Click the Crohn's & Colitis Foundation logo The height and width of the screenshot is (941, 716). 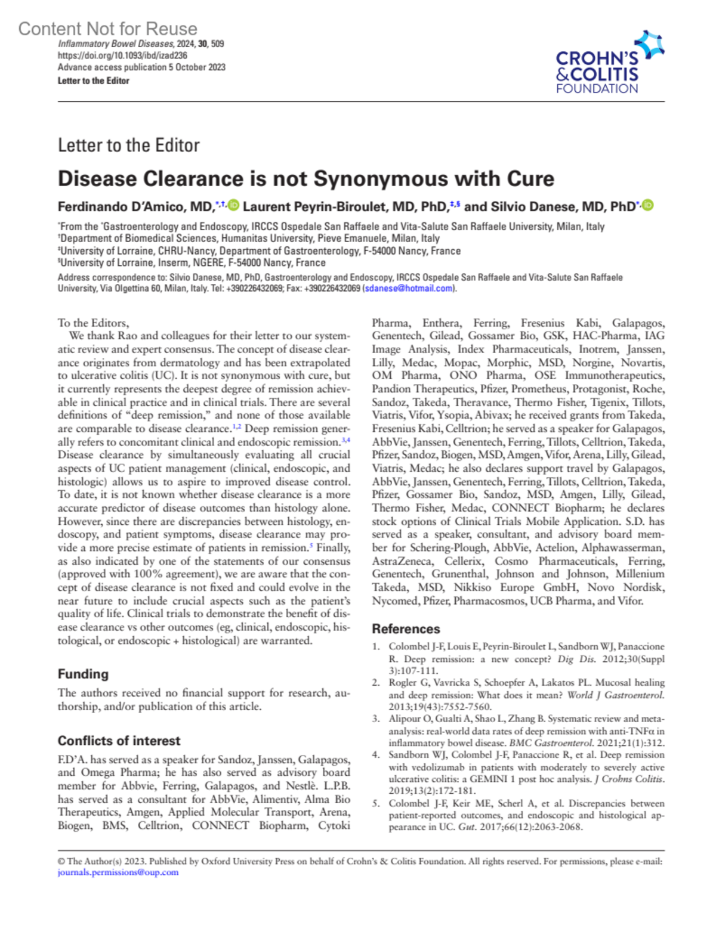609,63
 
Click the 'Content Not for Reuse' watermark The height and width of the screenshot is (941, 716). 107,29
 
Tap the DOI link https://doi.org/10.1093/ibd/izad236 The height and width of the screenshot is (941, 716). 122,55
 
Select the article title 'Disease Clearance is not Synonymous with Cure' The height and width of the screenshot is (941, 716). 305,178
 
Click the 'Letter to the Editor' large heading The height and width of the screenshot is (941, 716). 128,145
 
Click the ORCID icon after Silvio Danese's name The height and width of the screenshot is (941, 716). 648,205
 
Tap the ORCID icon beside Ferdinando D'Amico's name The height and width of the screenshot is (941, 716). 233,205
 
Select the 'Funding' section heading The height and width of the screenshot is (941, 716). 83,674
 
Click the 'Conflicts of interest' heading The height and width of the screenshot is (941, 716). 119,741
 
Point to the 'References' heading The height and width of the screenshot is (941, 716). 406,629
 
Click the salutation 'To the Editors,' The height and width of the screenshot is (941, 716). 93,323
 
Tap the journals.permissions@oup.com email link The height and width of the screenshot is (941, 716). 118,872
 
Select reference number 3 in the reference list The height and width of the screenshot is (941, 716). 376,719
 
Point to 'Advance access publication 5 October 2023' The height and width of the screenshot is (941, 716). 141,67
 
